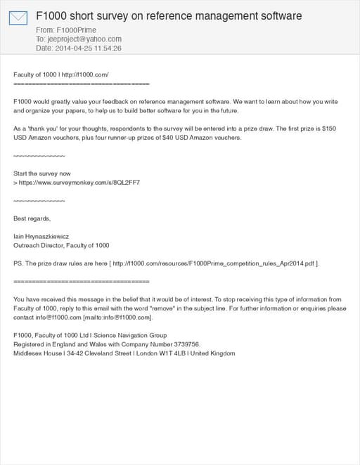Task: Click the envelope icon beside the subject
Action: [18, 18]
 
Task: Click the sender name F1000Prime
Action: [77, 31]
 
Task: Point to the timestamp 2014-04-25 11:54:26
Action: [89, 48]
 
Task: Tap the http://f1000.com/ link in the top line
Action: [85, 74]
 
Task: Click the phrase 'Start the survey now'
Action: [42, 173]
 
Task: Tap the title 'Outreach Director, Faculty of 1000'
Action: [62, 246]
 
